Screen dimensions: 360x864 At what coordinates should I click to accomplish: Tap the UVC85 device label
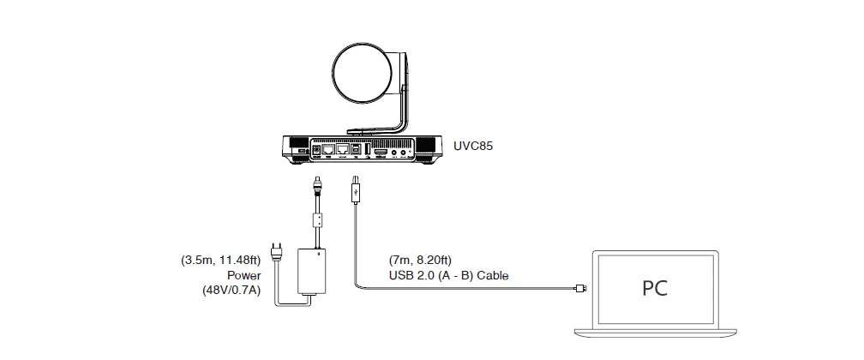(474, 146)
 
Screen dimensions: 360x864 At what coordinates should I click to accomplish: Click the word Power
(243, 276)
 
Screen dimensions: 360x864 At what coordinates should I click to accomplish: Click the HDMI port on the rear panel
(379, 152)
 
